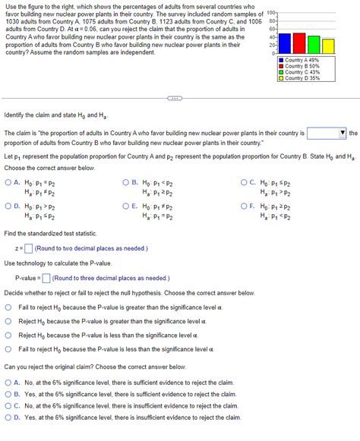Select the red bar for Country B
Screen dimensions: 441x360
[x=298, y=43]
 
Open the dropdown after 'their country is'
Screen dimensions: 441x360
[x=327, y=134]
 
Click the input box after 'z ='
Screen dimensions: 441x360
[x=28, y=248]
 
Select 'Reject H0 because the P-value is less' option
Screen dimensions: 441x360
[x=9, y=335]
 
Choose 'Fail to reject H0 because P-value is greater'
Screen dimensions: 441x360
[x=9, y=307]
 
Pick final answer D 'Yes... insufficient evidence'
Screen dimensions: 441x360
[x=9, y=417]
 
